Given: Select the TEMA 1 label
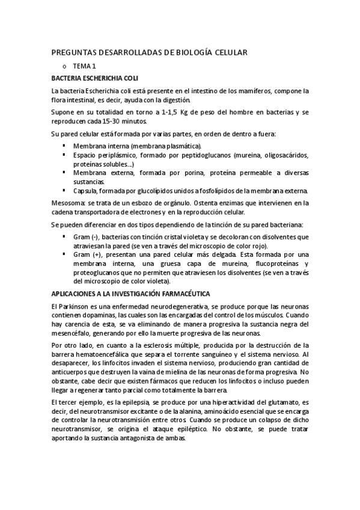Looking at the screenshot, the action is click(x=84, y=66).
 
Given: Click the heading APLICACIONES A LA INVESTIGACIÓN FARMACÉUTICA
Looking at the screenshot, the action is click(x=130, y=293).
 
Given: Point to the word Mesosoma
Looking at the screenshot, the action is click(x=67, y=202).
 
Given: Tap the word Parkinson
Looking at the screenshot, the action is click(x=73, y=306).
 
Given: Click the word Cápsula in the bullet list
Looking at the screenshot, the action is click(x=86, y=191).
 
